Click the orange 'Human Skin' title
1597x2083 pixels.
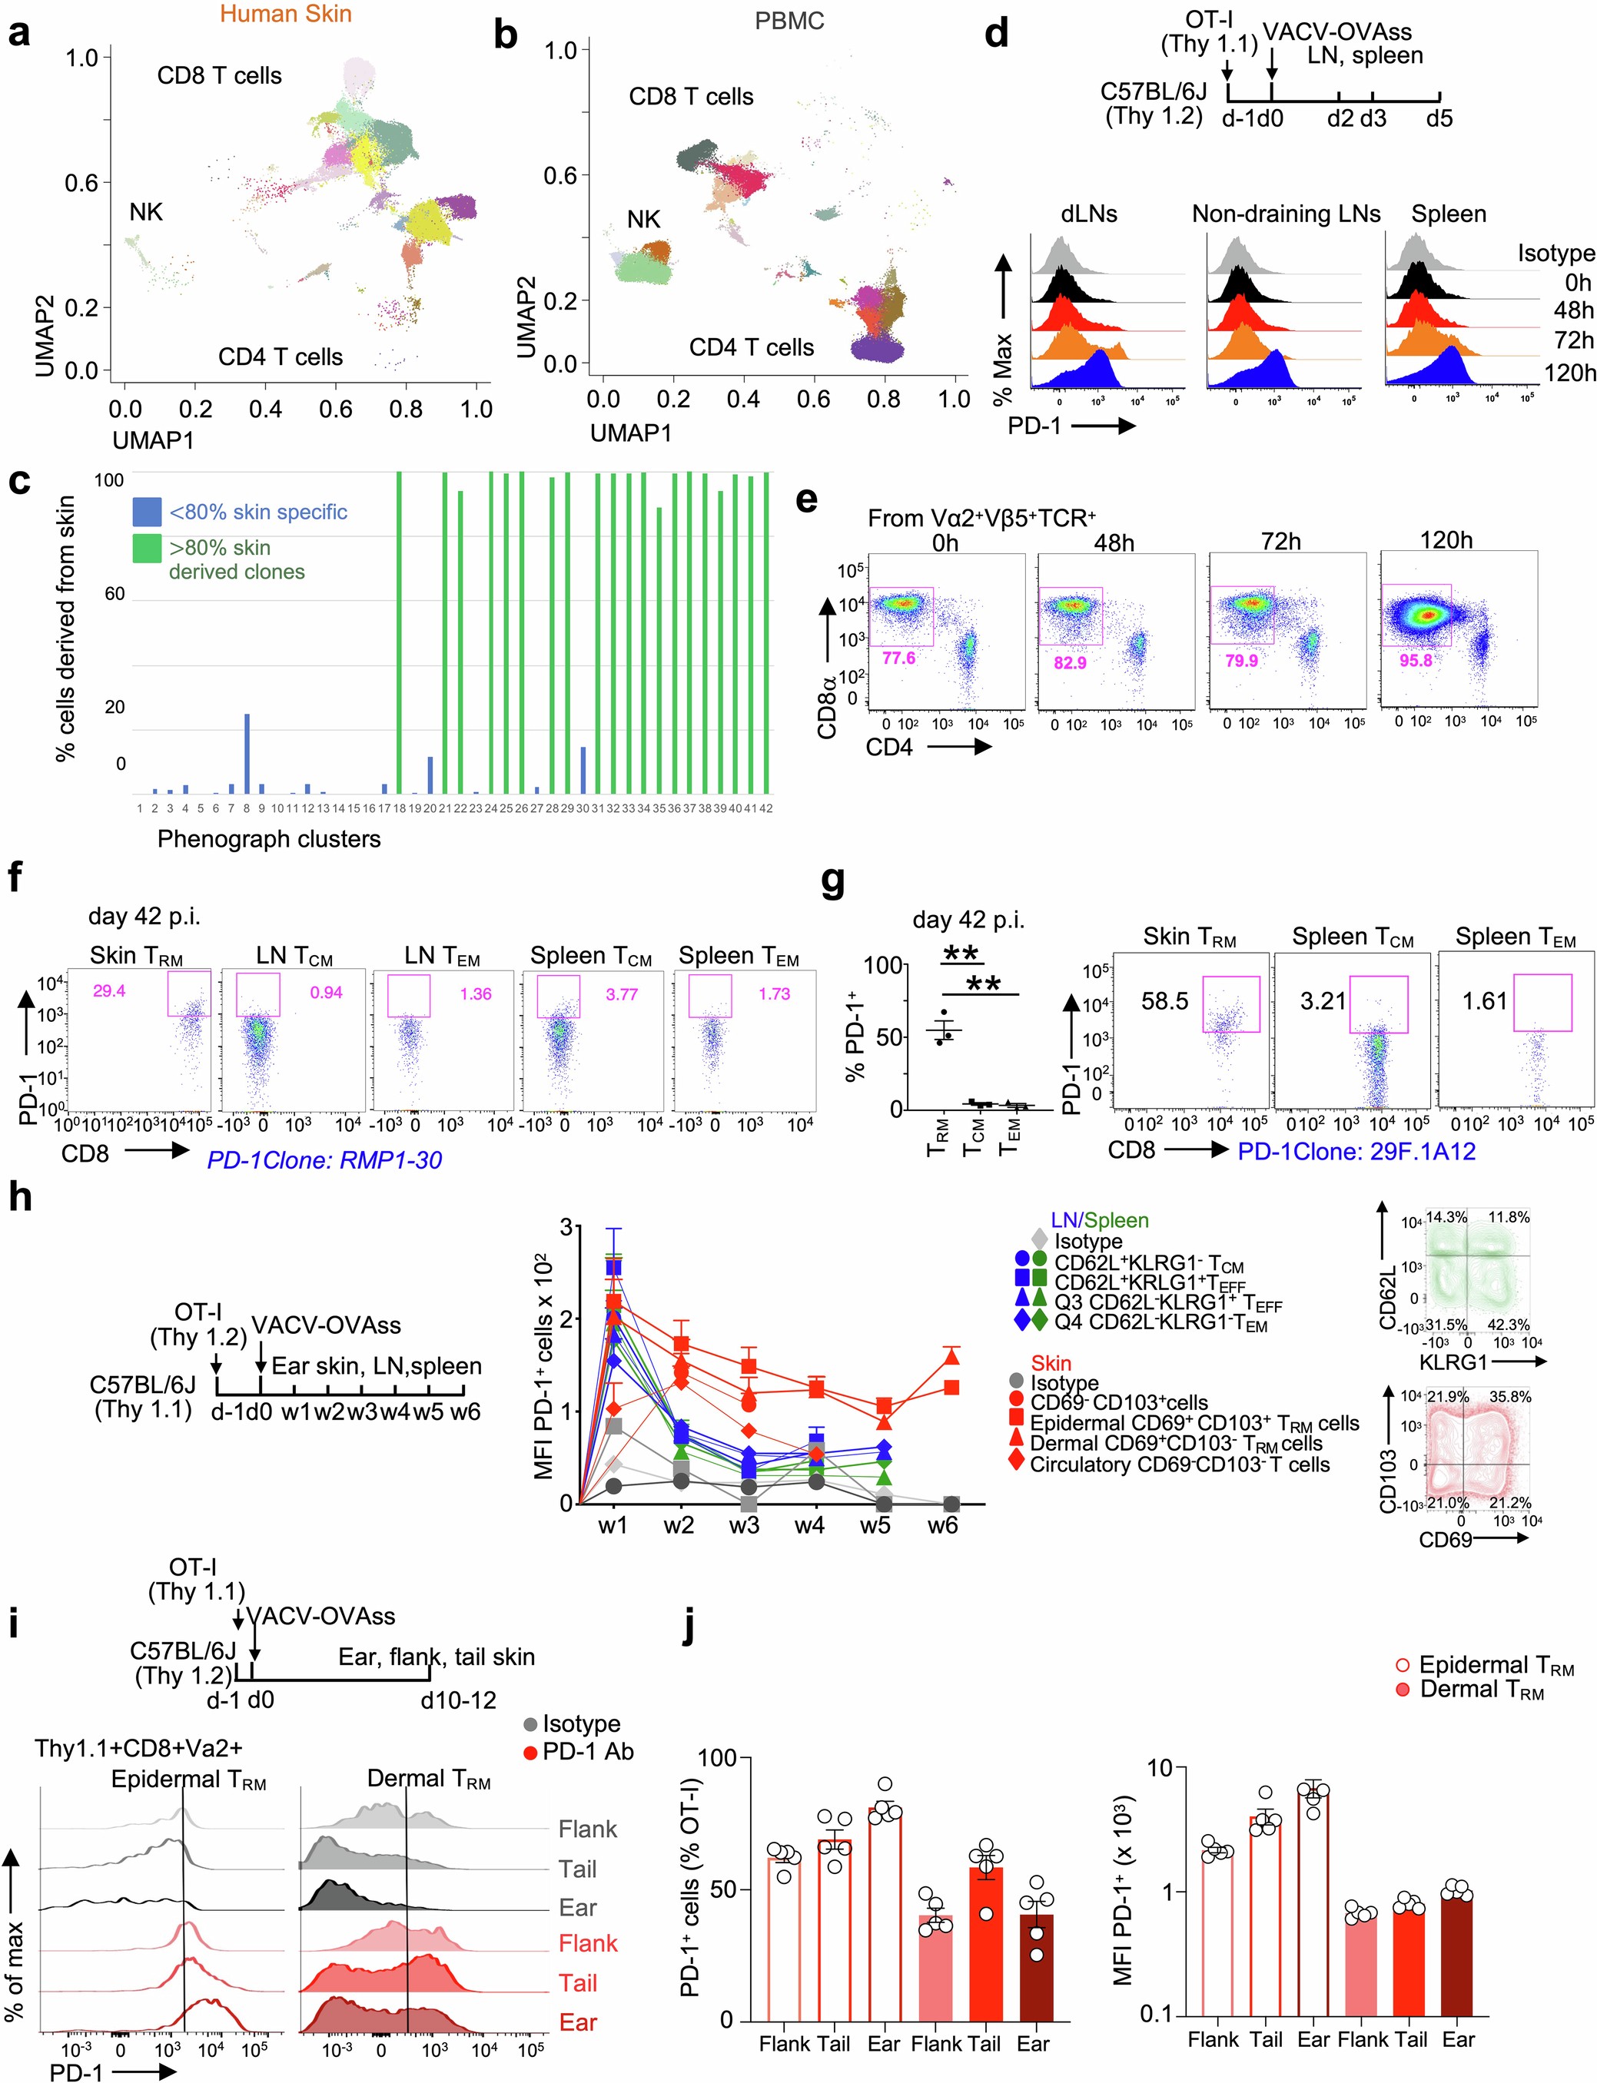click(x=285, y=15)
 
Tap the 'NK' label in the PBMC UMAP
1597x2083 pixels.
click(x=643, y=220)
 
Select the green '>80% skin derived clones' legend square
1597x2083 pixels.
click(x=146, y=549)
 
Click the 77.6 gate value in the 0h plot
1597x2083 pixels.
click(x=898, y=658)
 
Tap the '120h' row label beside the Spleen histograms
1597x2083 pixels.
click(x=1569, y=372)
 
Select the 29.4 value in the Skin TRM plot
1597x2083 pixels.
click(x=108, y=991)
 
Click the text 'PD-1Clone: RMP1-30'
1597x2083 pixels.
click(x=324, y=1159)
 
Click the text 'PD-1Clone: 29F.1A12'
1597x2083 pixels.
click(x=1356, y=1151)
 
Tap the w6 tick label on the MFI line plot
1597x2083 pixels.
click(x=942, y=1526)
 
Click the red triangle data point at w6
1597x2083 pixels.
click(x=951, y=1357)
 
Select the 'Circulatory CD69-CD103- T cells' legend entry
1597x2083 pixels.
click(x=1179, y=1464)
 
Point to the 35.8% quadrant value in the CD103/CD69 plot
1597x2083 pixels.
click(x=1509, y=1397)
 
